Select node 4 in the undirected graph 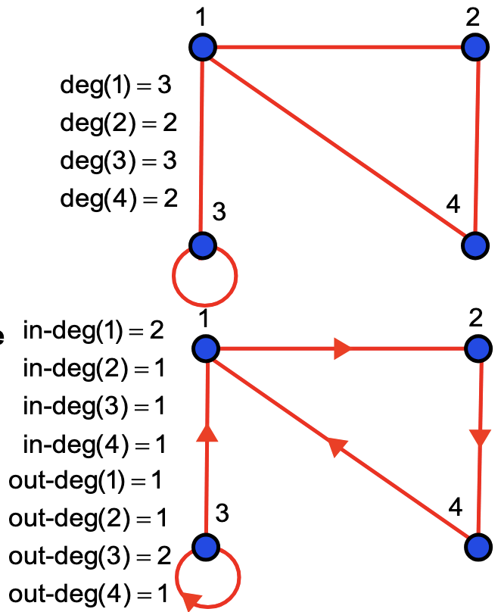pos(475,245)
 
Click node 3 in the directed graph pos(205,545)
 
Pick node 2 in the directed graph pos(478,349)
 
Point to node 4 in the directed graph pos(478,545)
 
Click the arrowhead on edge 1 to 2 pos(342,349)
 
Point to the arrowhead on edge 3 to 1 pos(206,432)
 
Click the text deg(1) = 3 pos(116,85)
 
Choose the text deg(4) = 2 pos(119,198)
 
